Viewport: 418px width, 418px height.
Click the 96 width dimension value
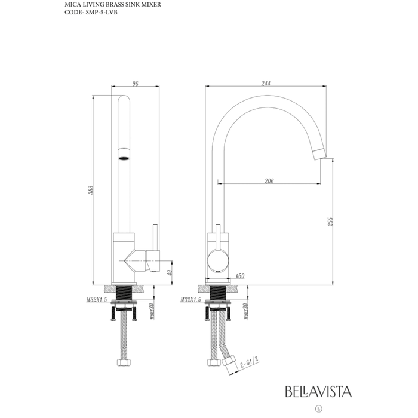coord(136,84)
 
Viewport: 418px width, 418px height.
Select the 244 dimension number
coord(266,84)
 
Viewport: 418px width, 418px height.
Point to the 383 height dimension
coord(91,190)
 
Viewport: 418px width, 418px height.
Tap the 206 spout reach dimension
coord(269,181)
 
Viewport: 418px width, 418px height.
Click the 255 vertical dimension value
coord(330,222)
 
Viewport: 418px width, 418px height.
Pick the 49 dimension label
coord(170,272)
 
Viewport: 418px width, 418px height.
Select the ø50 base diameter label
coord(240,276)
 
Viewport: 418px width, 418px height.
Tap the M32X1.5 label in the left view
coord(97,300)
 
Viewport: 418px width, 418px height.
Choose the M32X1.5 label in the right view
coord(190,300)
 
